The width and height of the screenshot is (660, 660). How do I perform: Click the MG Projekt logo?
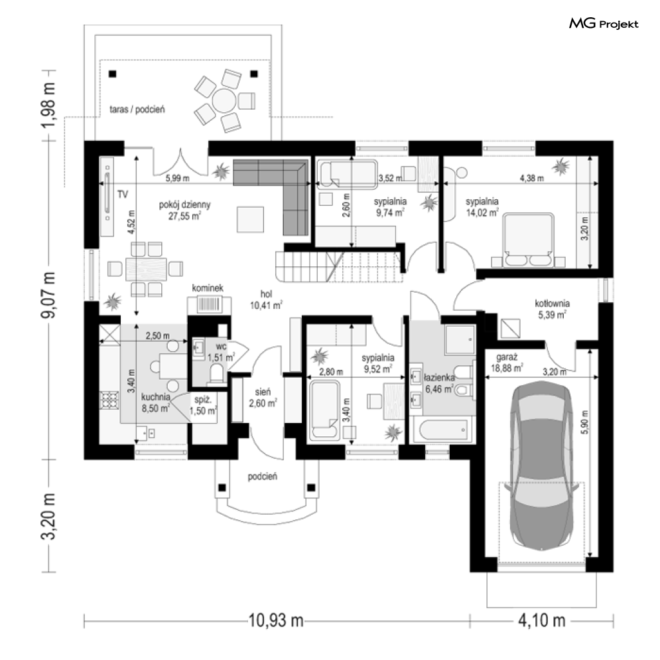[604, 24]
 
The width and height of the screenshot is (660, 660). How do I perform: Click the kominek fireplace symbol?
[209, 304]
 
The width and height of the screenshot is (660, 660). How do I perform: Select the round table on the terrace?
[224, 100]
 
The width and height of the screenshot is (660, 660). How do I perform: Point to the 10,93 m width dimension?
[276, 620]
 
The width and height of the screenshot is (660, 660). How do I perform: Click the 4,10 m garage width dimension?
[542, 620]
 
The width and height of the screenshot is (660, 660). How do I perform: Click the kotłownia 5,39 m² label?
[553, 309]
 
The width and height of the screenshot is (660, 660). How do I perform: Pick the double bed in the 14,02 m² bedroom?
[528, 240]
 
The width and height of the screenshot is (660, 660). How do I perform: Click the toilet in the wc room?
[216, 374]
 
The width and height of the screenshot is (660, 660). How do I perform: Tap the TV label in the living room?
[123, 195]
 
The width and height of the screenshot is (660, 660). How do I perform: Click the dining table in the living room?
[146, 269]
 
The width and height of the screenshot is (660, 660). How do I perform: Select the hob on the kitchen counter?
[109, 400]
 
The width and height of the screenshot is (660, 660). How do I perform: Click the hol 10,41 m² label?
[266, 299]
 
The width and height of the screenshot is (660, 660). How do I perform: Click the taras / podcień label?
[137, 110]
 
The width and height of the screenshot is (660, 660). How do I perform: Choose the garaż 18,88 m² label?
[507, 363]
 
